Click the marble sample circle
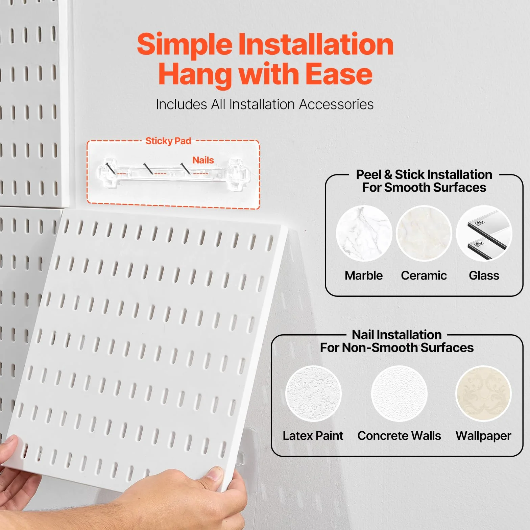364,233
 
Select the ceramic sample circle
424,233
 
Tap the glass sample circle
484,233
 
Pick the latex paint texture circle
313,393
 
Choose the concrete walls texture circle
399,393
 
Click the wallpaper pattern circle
483,393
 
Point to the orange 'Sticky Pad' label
168,141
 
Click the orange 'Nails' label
203,160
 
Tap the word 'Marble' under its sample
364,275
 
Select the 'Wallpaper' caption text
483,436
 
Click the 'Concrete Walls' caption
399,436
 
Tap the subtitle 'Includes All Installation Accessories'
265,104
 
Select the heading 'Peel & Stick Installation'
424,174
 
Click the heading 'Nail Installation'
397,335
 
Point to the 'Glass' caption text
484,275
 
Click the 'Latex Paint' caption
313,436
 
